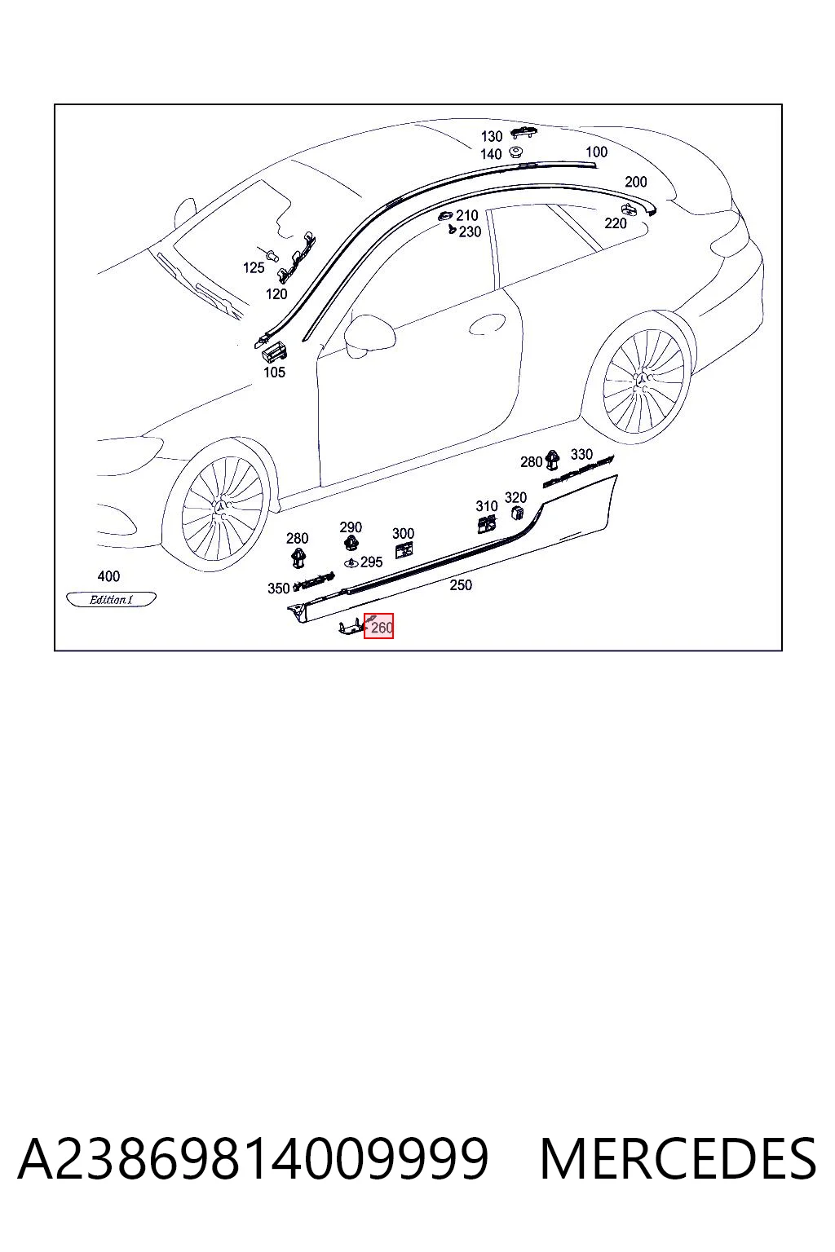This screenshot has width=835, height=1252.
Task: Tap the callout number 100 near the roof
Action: [x=596, y=152]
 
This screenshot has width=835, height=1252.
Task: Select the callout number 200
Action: [x=636, y=182]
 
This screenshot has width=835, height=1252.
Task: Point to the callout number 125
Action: [x=254, y=267]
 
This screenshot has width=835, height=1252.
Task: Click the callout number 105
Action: [x=275, y=373]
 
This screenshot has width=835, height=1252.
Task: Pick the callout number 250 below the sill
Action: [x=461, y=584]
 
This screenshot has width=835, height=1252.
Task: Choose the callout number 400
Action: [x=108, y=575]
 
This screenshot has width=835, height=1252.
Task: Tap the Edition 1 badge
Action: [x=111, y=599]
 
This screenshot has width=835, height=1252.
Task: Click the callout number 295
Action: [x=371, y=562]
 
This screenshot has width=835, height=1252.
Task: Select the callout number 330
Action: [x=581, y=454]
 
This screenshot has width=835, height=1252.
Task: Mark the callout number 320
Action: [x=515, y=497]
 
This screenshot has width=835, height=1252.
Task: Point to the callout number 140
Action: [x=491, y=154]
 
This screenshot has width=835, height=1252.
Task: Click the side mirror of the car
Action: [x=369, y=335]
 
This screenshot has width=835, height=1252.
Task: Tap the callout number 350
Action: [x=279, y=588]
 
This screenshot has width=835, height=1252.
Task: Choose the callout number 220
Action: [x=615, y=223]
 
